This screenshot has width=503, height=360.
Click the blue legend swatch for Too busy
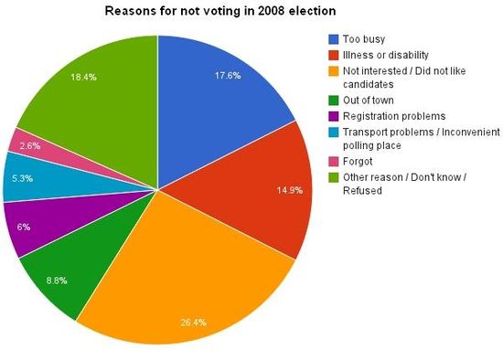coord(334,39)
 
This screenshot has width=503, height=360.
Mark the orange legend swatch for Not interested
coord(334,70)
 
